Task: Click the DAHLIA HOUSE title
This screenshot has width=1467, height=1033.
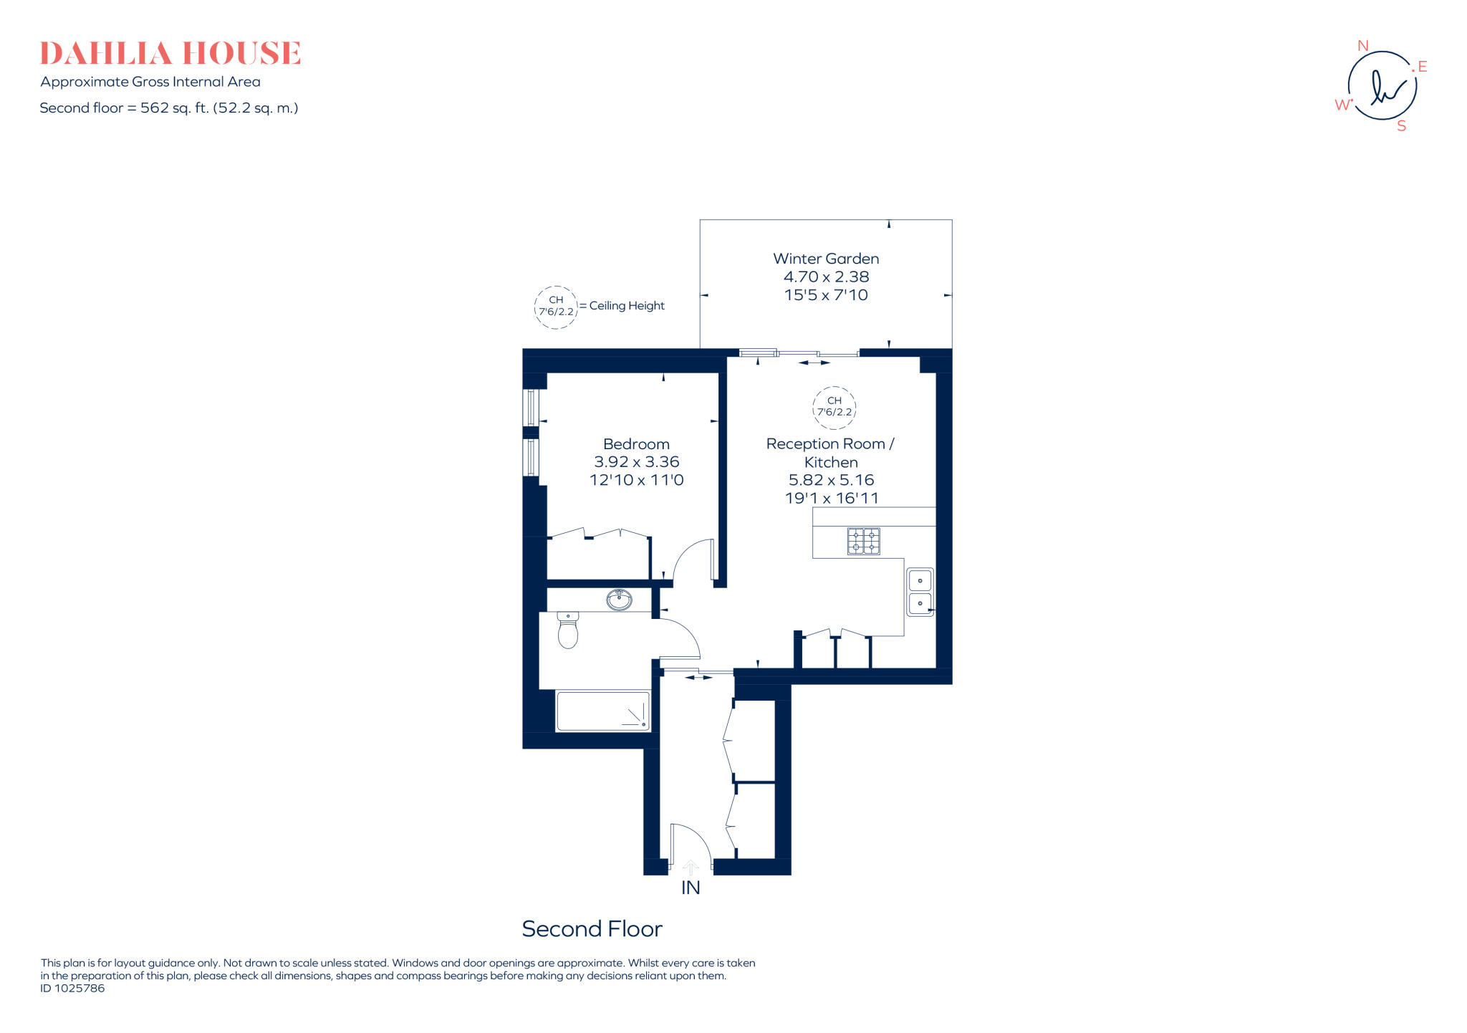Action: coord(170,54)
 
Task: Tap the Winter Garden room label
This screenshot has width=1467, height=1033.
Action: coord(825,259)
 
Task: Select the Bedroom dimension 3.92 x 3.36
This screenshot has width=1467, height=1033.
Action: coord(636,462)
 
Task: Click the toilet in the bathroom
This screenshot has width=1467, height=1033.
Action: coord(567,630)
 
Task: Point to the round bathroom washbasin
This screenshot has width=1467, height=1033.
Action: coord(619,600)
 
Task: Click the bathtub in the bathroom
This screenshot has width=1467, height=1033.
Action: coord(602,711)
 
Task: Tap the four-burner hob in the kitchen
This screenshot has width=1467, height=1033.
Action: coord(863,541)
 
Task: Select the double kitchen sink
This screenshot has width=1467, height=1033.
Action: coord(920,592)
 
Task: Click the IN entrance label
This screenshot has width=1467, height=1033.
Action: coord(691,888)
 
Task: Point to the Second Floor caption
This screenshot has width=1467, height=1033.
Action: coord(592,929)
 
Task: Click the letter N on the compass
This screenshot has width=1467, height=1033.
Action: coord(1362,46)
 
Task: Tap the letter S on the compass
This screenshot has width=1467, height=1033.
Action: coord(1401,126)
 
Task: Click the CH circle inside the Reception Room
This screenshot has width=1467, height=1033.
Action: coord(834,406)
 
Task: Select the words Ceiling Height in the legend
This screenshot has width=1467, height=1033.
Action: coord(627,306)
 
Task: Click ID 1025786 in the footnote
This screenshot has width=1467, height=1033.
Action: coord(72,989)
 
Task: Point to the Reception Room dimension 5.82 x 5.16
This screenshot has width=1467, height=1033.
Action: coord(831,480)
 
